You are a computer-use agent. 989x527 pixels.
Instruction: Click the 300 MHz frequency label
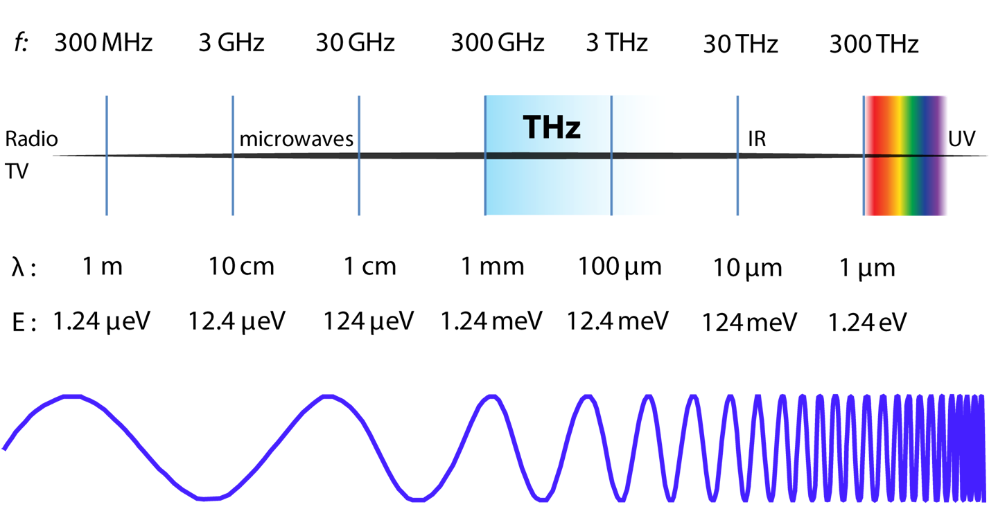(x=103, y=44)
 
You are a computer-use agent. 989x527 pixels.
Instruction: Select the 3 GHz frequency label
(x=231, y=44)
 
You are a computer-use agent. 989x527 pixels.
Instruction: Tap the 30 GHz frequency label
(x=355, y=44)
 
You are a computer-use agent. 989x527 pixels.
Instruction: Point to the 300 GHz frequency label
(x=498, y=44)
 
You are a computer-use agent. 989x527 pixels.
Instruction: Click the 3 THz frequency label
(x=617, y=44)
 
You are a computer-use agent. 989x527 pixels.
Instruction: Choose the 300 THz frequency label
(x=874, y=45)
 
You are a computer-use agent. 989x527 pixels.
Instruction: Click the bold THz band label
(x=552, y=128)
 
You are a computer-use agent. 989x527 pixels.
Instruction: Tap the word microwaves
(x=297, y=139)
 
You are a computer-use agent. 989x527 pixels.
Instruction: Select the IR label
(x=757, y=139)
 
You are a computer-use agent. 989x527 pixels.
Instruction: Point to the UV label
(x=962, y=139)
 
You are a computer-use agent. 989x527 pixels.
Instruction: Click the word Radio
(x=32, y=139)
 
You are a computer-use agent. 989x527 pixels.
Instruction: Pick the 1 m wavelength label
(x=103, y=267)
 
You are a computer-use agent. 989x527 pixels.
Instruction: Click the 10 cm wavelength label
(x=241, y=267)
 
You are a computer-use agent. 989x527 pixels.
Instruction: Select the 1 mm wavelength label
(x=493, y=267)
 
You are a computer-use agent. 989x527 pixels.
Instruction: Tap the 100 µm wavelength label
(x=620, y=267)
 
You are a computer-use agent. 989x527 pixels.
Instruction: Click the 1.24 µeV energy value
(x=101, y=321)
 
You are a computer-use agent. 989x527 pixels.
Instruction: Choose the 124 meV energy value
(x=749, y=323)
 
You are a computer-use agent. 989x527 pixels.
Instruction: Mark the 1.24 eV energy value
(x=868, y=323)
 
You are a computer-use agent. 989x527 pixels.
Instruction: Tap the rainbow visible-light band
(x=906, y=156)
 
